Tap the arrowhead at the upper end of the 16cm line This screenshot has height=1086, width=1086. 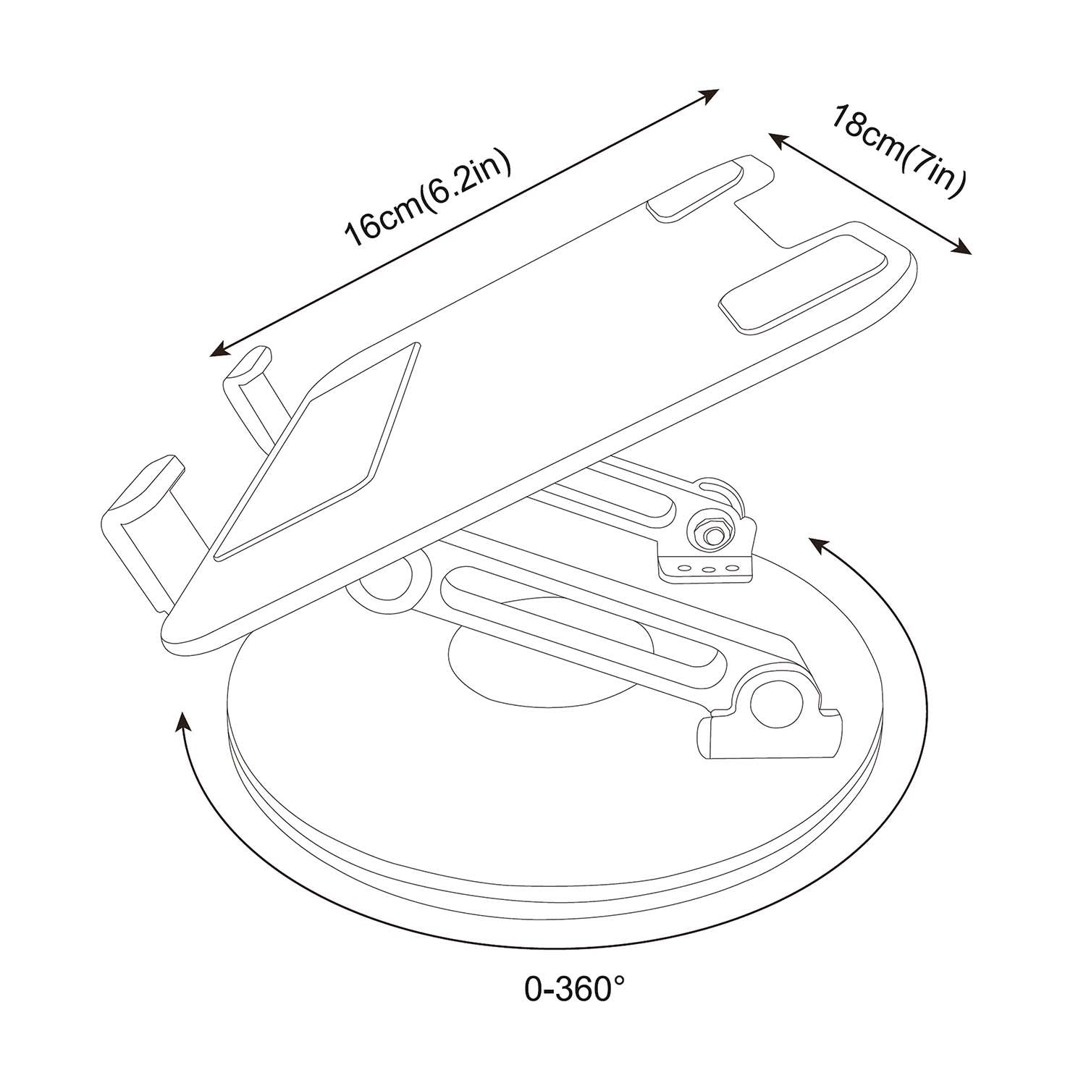pos(710,95)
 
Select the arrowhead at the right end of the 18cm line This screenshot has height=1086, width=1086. pos(962,248)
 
